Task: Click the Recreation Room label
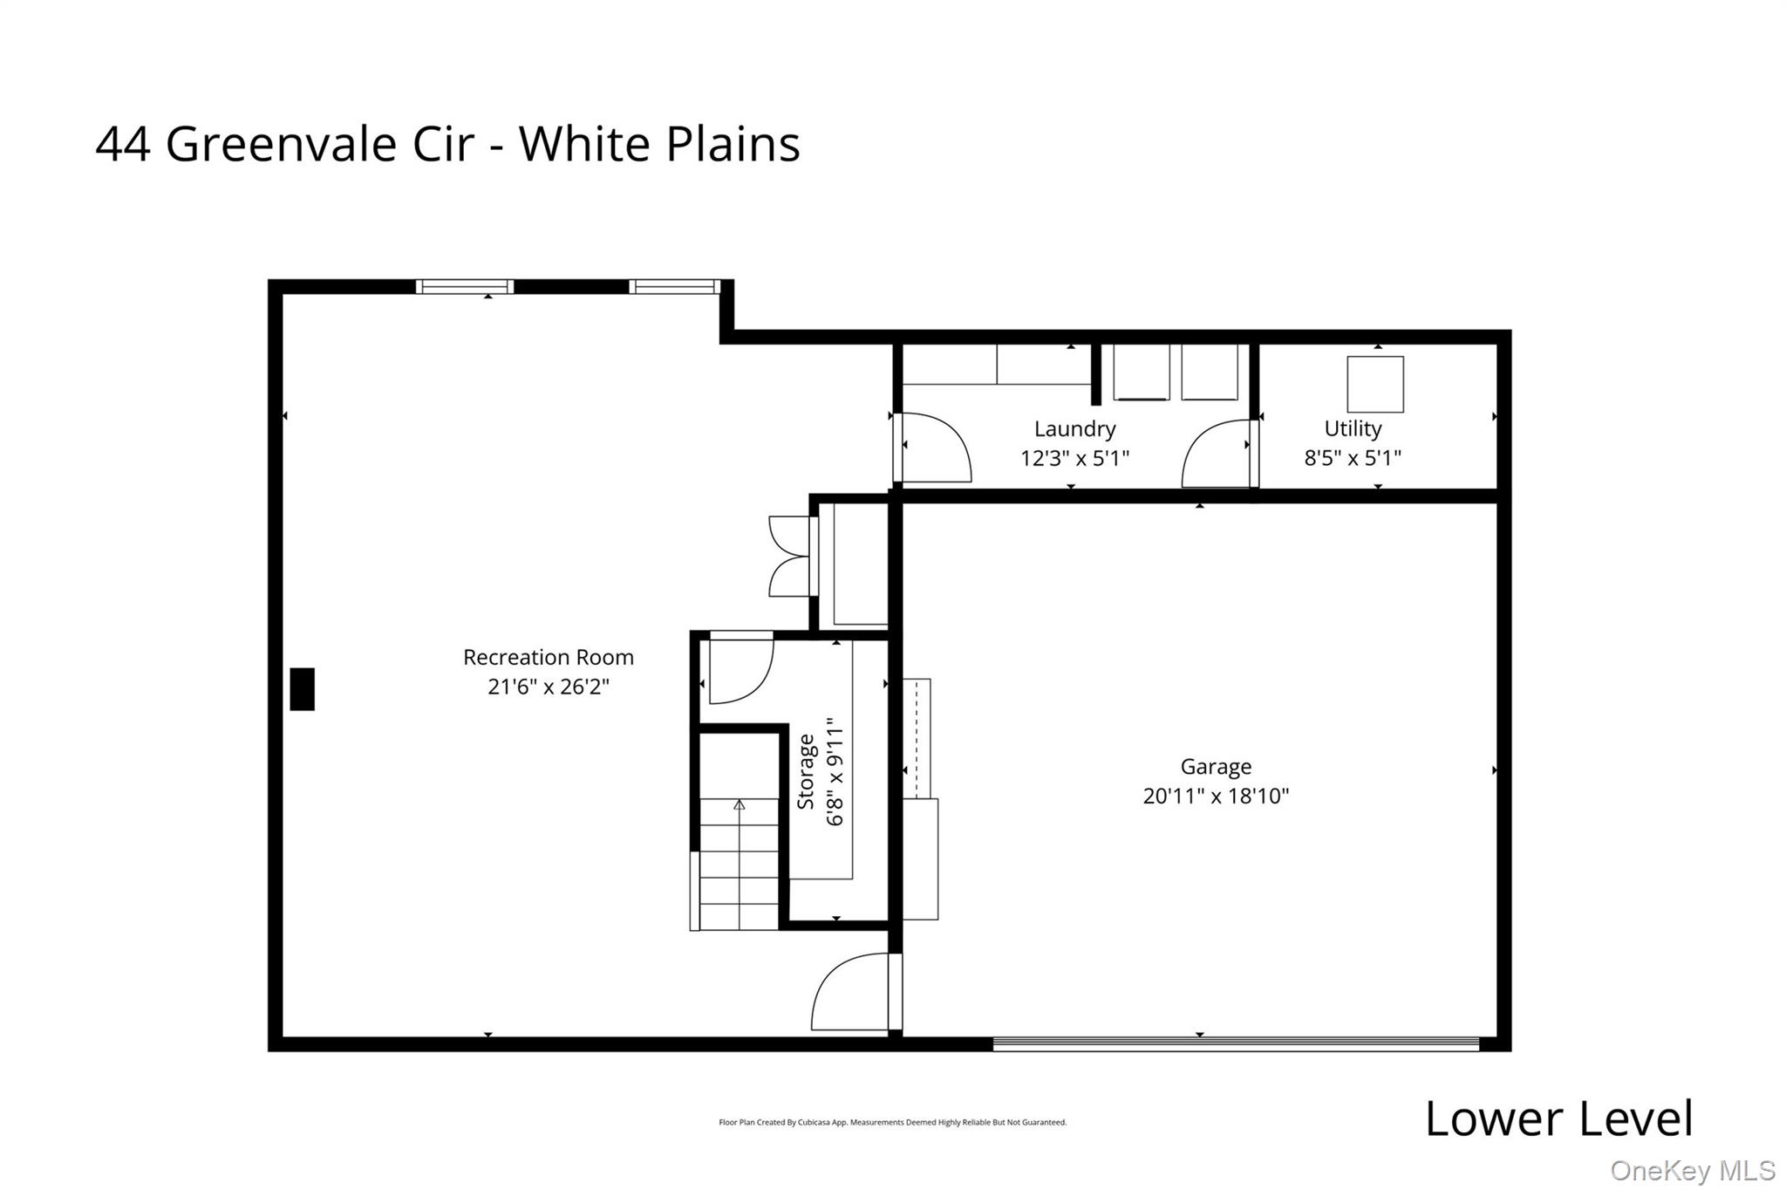point(548,657)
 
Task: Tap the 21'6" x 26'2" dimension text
point(548,687)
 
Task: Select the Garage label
point(1216,766)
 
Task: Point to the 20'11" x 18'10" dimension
point(1216,796)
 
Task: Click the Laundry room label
point(1074,428)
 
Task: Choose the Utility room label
point(1353,428)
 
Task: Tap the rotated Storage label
point(806,771)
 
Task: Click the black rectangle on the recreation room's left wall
point(302,688)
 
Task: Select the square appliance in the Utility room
point(1375,384)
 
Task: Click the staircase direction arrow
point(740,804)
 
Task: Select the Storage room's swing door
point(740,670)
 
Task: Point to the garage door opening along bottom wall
point(1235,1043)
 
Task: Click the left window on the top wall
point(464,286)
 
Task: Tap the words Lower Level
point(1558,1118)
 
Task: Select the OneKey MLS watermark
point(1692,1170)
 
